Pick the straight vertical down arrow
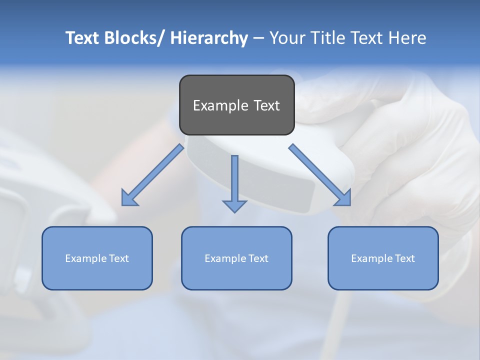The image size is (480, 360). pyautogui.click(x=234, y=180)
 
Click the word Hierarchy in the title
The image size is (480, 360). pyautogui.click(x=209, y=38)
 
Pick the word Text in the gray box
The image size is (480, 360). pyautogui.click(x=266, y=105)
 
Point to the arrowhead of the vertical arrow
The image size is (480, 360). pyautogui.click(x=234, y=205)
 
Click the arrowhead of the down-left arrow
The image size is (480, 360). pyautogui.click(x=128, y=198)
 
